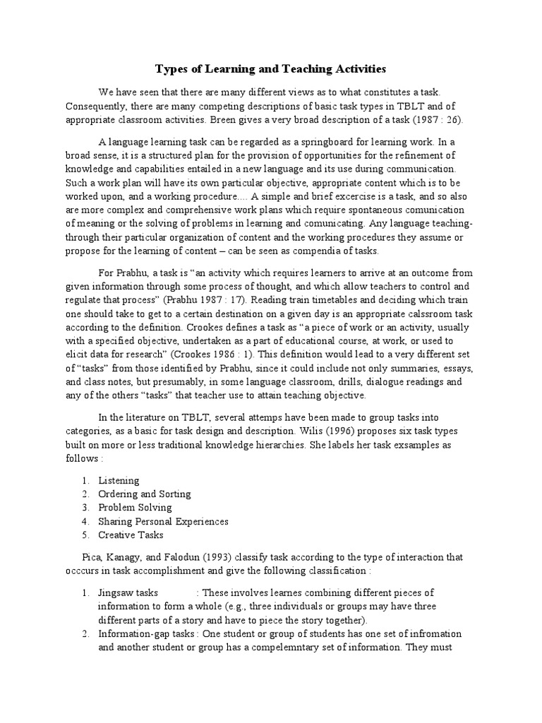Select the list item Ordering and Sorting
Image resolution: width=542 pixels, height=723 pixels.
click(x=145, y=494)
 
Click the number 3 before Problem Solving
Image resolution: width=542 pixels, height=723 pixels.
click(x=84, y=508)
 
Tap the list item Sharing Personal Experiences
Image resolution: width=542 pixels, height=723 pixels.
click(x=163, y=521)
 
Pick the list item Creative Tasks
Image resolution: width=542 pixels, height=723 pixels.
click(x=131, y=534)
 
